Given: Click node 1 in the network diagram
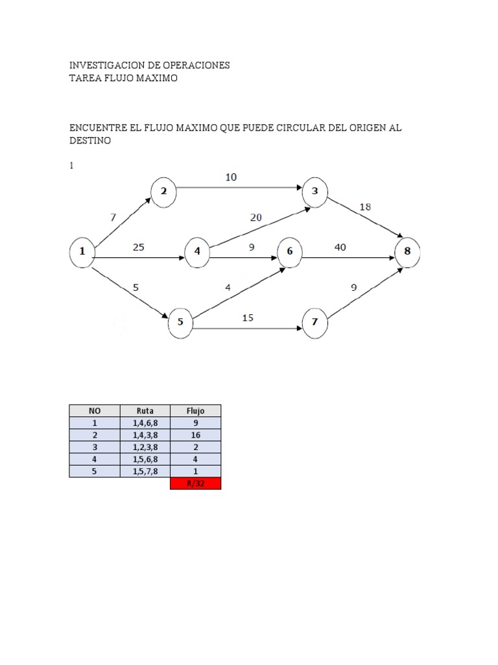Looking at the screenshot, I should (x=82, y=251).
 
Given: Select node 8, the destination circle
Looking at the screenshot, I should (x=408, y=251).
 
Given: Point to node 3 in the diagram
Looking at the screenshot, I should (x=315, y=190).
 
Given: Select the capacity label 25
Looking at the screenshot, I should (x=138, y=246).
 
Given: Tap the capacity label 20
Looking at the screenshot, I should (x=255, y=218).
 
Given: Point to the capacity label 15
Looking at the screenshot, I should (x=248, y=318).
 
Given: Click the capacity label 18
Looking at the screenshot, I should (x=366, y=207).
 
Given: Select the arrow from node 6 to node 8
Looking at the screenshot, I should (x=348, y=258).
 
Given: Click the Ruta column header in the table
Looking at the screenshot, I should (x=145, y=410).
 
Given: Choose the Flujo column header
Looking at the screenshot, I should (x=195, y=410).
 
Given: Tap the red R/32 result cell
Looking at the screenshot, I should (x=195, y=483).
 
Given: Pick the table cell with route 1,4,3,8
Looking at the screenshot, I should (x=145, y=435).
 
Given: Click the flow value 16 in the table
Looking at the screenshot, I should (x=195, y=435).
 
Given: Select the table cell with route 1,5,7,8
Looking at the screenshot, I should (x=145, y=471).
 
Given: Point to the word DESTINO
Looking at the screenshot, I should (x=91, y=140).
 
